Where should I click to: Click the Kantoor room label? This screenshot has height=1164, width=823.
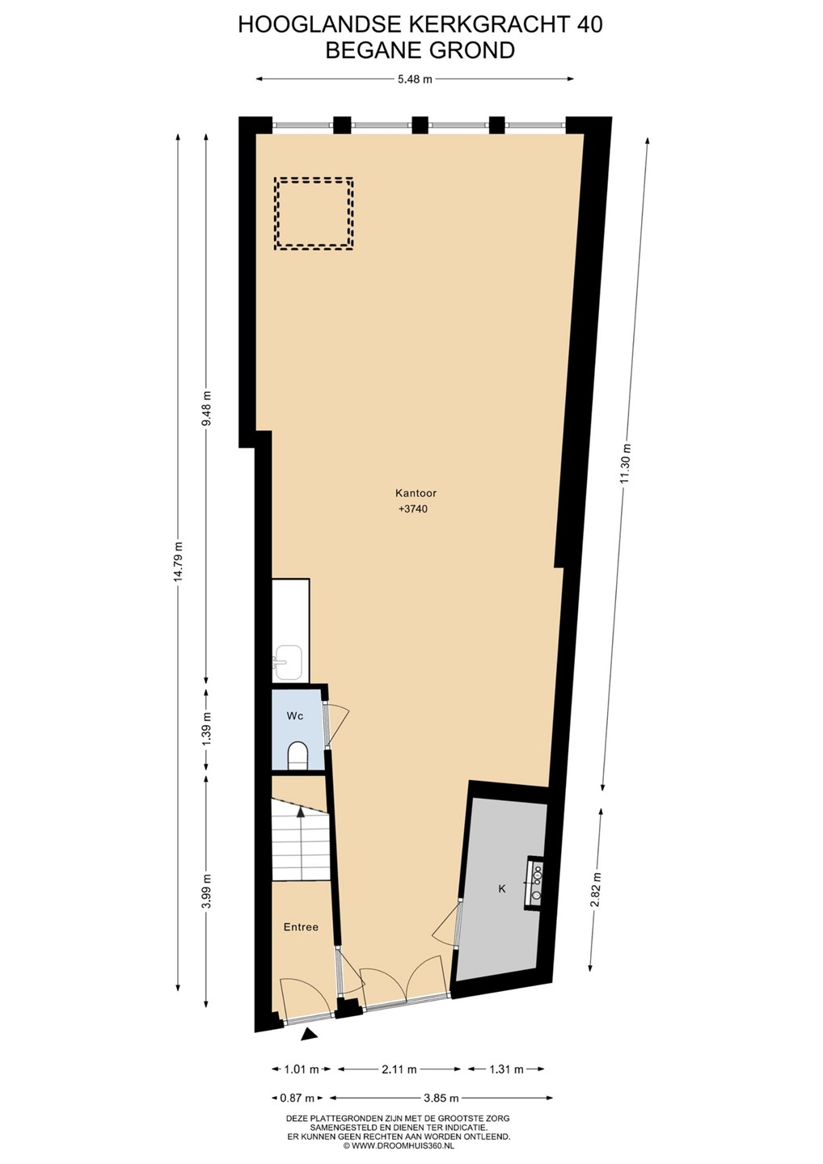pyautogui.click(x=416, y=493)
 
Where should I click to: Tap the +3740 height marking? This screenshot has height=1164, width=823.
pyautogui.click(x=413, y=509)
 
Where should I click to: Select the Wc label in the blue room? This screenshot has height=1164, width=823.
pyautogui.click(x=294, y=715)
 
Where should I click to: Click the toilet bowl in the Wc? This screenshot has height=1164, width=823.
pyautogui.click(x=298, y=755)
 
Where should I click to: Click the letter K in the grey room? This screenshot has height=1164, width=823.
pyautogui.click(x=502, y=888)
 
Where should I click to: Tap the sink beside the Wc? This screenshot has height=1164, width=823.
pyautogui.click(x=288, y=662)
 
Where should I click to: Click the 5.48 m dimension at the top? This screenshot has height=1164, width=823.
pyautogui.click(x=415, y=79)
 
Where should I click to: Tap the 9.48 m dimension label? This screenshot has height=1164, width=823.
pyautogui.click(x=207, y=407)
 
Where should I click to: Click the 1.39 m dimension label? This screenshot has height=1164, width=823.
pyautogui.click(x=207, y=729)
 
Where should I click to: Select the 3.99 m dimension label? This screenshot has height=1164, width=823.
pyautogui.click(x=207, y=891)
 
